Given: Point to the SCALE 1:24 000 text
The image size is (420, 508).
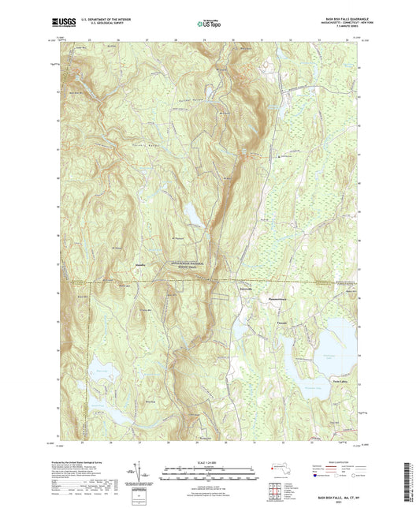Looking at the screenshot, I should (x=208, y=463).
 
